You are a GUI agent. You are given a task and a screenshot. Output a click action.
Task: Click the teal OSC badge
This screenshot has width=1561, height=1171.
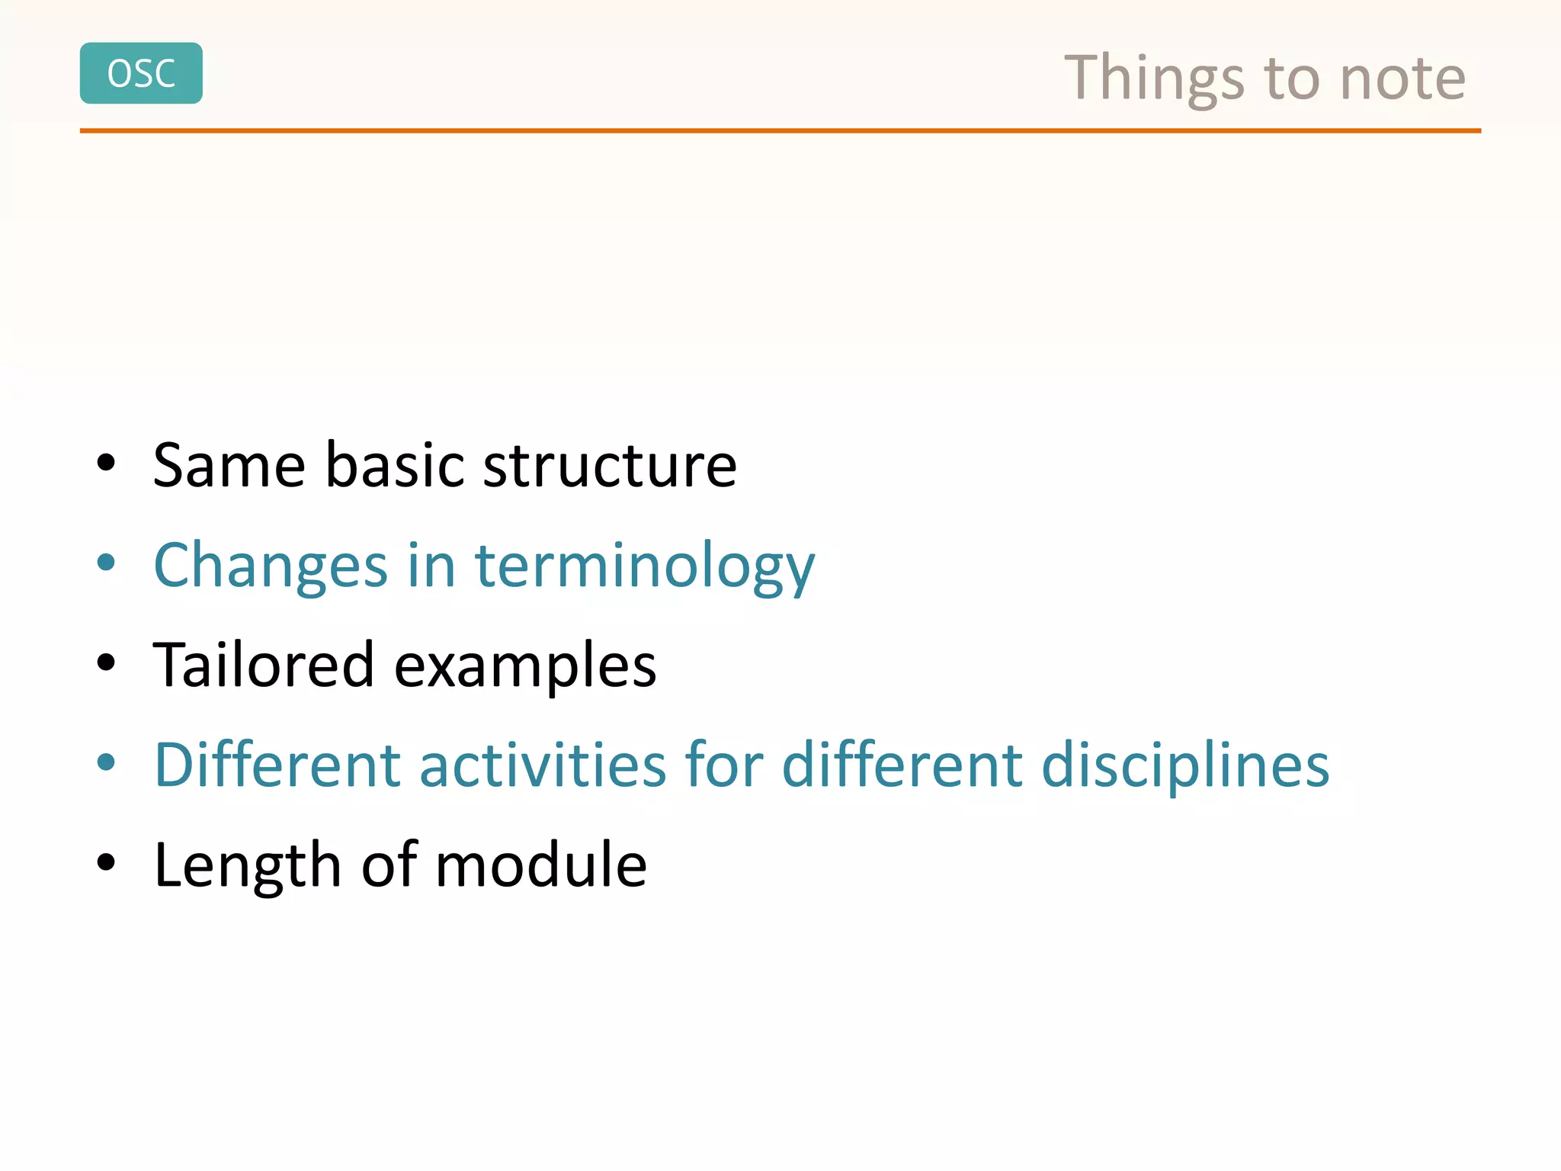click(x=141, y=73)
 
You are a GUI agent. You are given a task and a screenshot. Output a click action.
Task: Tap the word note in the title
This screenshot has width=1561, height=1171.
click(x=1402, y=79)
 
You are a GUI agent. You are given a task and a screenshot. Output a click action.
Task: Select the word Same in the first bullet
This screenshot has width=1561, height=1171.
click(x=229, y=465)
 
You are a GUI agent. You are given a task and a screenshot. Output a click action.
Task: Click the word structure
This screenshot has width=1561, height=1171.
click(x=610, y=465)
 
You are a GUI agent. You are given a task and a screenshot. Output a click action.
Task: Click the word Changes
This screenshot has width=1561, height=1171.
click(x=271, y=566)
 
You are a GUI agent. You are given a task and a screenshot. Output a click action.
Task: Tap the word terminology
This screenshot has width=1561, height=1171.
click(x=644, y=566)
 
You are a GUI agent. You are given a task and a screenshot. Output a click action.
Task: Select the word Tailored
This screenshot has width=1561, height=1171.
click(x=264, y=665)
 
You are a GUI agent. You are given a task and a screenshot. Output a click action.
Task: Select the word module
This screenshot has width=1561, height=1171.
click(x=541, y=865)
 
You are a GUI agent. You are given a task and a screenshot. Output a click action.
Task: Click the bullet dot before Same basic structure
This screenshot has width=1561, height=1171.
click(x=106, y=463)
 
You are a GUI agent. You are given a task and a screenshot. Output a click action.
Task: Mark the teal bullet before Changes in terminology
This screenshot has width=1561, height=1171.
click(x=106, y=563)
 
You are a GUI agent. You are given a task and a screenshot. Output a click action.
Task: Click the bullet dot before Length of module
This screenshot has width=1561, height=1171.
click(x=106, y=862)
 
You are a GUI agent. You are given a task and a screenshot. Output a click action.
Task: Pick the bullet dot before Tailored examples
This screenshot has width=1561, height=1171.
click(x=106, y=662)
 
